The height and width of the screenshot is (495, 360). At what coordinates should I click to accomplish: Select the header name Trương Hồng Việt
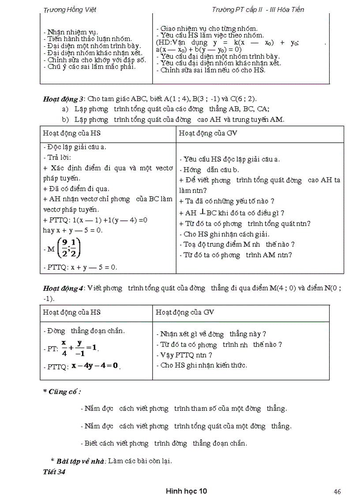tap(71, 9)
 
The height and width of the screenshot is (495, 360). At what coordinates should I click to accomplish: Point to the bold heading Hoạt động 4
tap(63, 288)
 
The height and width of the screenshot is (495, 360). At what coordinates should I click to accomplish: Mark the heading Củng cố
tap(62, 391)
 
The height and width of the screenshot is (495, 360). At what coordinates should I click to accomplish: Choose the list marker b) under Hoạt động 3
tap(65, 119)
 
